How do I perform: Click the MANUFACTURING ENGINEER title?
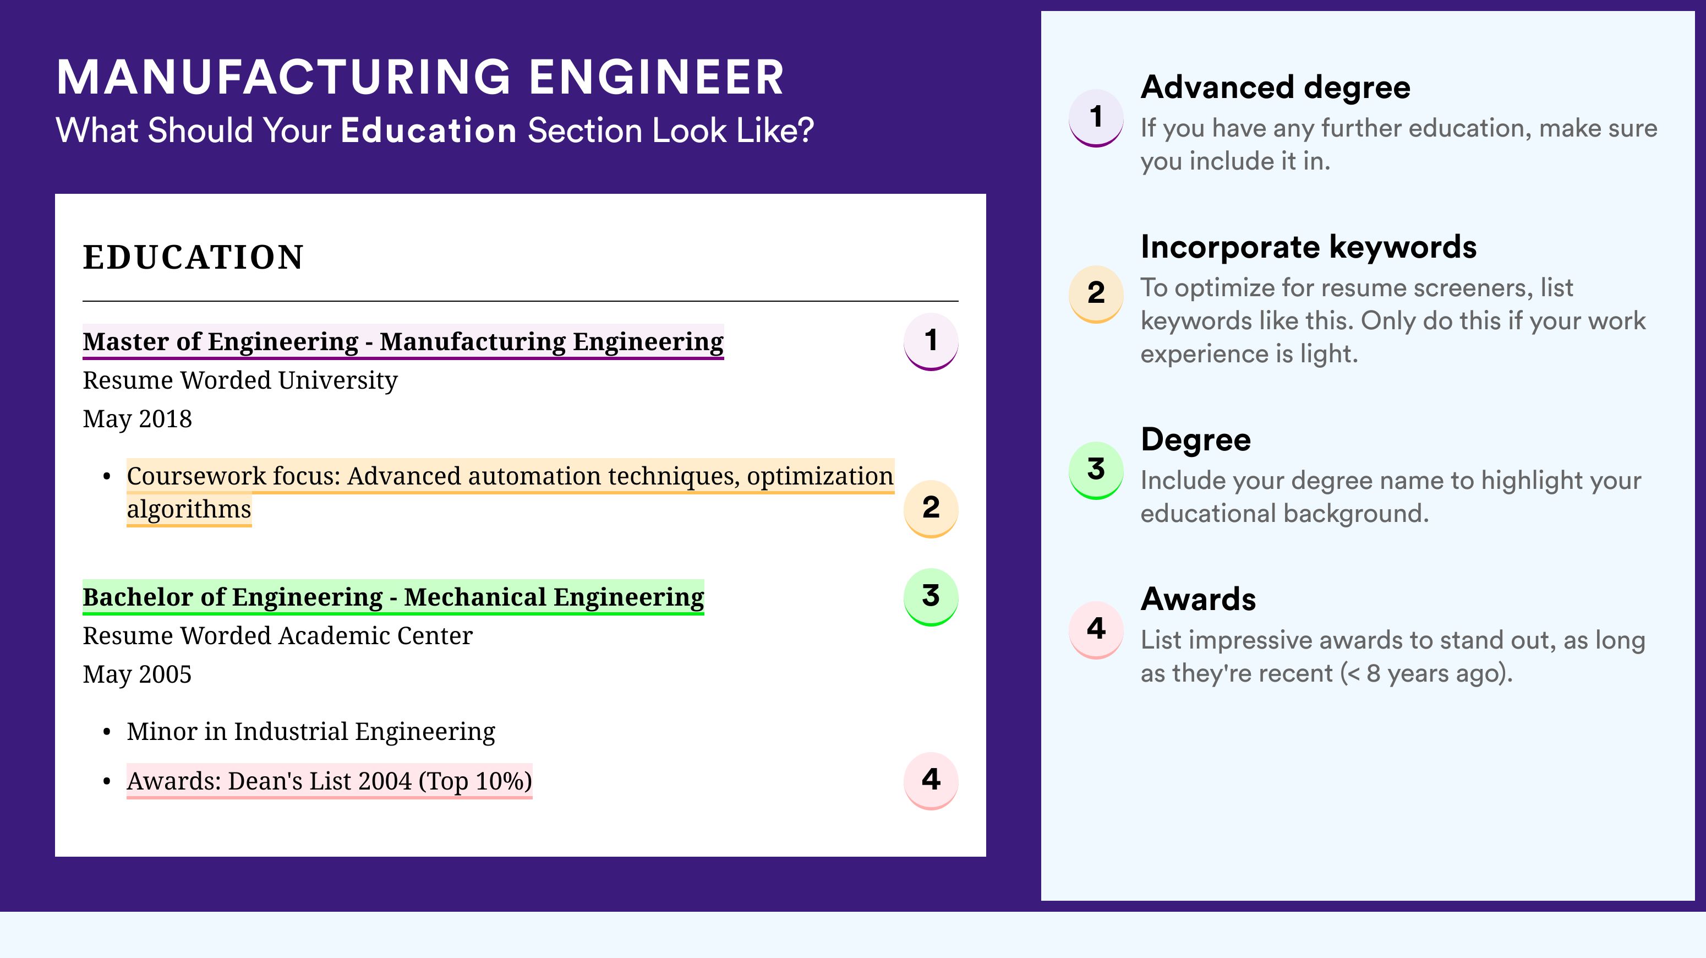pyautogui.click(x=420, y=77)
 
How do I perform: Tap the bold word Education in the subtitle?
pyautogui.click(x=429, y=130)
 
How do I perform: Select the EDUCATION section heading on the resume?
pyautogui.click(x=193, y=257)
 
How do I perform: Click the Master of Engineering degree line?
pyautogui.click(x=403, y=342)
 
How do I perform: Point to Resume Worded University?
pyautogui.click(x=240, y=380)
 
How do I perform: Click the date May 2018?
pyautogui.click(x=137, y=418)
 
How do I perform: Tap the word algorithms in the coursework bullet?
pyautogui.click(x=189, y=509)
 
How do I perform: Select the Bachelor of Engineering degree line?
pyautogui.click(x=393, y=597)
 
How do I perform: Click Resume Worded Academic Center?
pyautogui.click(x=277, y=636)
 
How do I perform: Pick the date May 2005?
pyautogui.click(x=137, y=674)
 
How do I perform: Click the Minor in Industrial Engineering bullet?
pyautogui.click(x=310, y=731)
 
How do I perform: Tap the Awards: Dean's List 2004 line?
pyautogui.click(x=329, y=781)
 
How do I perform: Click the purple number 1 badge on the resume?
pyautogui.click(x=931, y=341)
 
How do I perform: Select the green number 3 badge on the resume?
pyautogui.click(x=931, y=596)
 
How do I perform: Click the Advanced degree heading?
pyautogui.click(x=1276, y=88)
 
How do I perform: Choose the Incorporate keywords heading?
pyautogui.click(x=1309, y=247)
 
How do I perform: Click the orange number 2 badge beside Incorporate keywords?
pyautogui.click(x=1096, y=293)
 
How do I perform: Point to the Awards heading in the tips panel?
pyautogui.click(x=1198, y=599)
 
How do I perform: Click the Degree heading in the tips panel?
pyautogui.click(x=1196, y=440)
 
